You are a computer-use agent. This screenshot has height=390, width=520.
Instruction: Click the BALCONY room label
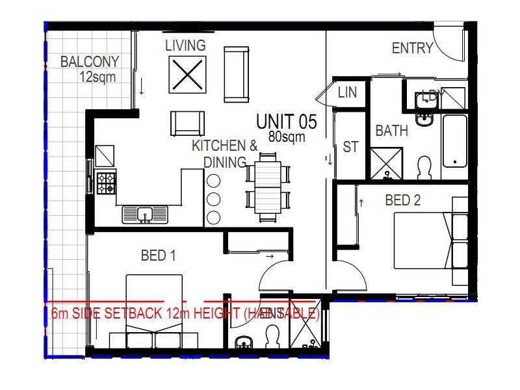(x=90, y=62)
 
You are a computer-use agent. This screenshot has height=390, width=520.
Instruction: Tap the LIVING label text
(x=185, y=45)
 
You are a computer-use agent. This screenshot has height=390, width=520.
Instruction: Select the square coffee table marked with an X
(x=187, y=75)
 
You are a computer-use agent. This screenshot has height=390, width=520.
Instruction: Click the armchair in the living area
(x=188, y=123)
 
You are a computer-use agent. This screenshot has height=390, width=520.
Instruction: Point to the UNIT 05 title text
(x=286, y=122)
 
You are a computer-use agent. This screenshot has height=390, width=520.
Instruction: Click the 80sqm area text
(x=286, y=137)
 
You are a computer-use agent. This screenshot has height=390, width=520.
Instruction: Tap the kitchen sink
(x=145, y=214)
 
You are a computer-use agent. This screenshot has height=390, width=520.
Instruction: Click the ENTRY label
(x=412, y=48)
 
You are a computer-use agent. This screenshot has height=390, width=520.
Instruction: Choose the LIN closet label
(x=348, y=92)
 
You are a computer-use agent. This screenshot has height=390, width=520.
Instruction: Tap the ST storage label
(x=350, y=148)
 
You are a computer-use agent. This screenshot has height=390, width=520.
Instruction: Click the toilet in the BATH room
(x=424, y=168)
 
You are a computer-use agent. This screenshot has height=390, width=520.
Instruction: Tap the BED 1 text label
(x=159, y=255)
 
